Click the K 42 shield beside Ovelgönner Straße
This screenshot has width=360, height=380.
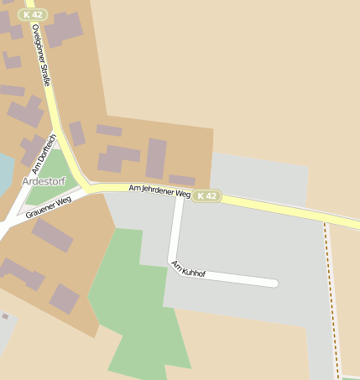(x=35, y=14)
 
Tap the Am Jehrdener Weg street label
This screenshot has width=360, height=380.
(x=159, y=192)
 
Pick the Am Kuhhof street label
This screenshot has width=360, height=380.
(x=188, y=269)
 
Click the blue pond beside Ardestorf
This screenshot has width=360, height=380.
(x=4, y=172)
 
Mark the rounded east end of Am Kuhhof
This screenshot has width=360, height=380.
(x=273, y=284)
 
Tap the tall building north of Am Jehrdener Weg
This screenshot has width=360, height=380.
(x=156, y=158)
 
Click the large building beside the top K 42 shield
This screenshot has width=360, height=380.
(x=65, y=29)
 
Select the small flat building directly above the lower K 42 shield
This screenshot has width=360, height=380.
(x=181, y=180)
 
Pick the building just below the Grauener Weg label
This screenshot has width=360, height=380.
(x=52, y=235)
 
